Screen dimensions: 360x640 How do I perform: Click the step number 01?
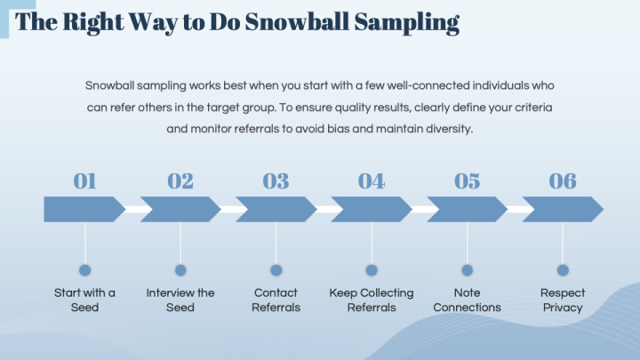point(84,180)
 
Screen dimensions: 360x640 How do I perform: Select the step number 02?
point(180,180)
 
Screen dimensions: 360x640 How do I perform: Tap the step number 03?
point(276,180)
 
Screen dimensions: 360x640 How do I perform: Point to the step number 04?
point(372,180)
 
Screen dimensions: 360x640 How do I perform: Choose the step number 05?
point(467,180)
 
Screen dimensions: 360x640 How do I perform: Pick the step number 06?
point(563,180)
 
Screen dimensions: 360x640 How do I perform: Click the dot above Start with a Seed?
point(84,270)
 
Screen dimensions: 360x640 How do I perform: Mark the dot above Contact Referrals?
point(276,270)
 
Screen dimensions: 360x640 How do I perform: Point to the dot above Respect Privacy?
point(563,270)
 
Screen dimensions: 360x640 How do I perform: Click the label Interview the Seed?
point(180,300)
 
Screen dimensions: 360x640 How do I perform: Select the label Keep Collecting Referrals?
point(372,300)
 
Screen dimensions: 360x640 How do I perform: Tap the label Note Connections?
point(467,300)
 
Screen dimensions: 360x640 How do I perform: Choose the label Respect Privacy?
point(563,300)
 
